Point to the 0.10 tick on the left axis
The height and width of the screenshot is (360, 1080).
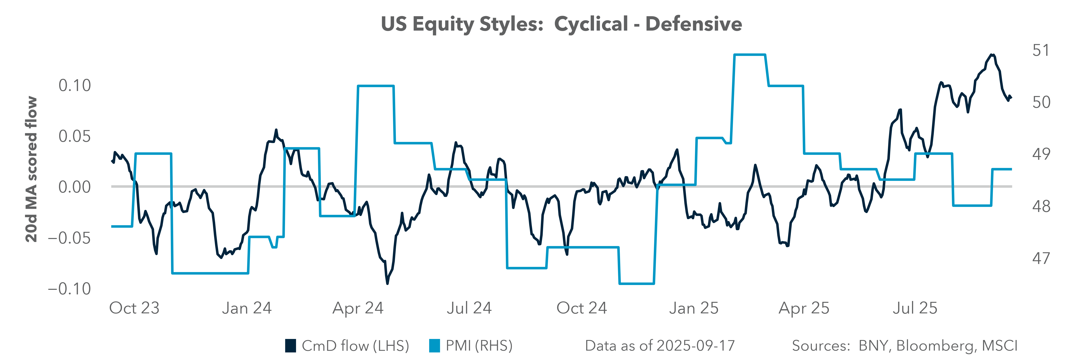75,85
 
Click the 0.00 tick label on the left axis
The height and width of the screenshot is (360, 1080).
75,187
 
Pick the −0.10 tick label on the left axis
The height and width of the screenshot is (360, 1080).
69,289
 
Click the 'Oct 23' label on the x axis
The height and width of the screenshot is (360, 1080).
134,308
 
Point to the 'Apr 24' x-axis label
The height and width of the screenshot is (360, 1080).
358,308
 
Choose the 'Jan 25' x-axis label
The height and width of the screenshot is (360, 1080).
693,308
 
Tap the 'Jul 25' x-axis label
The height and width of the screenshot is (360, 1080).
914,308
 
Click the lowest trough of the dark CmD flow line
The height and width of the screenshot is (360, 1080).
387,284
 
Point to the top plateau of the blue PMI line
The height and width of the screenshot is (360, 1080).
750,54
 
